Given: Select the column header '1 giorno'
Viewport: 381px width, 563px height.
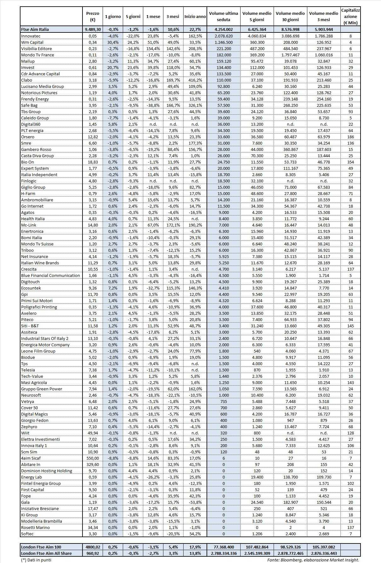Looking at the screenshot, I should click(x=113, y=17).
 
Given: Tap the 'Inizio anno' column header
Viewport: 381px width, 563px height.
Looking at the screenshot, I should click(x=195, y=17).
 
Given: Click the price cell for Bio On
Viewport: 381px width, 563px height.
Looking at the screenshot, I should click(x=93, y=162).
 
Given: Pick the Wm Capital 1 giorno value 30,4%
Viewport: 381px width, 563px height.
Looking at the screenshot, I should click(x=113, y=42).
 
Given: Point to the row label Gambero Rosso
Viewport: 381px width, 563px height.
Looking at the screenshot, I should click(x=36, y=149).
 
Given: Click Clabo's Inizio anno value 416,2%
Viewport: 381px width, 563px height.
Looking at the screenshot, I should click(x=195, y=80).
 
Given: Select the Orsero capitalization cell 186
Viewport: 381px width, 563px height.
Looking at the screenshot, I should click(x=350, y=137).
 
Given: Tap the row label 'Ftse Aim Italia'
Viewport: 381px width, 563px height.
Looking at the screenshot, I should click(x=35, y=29).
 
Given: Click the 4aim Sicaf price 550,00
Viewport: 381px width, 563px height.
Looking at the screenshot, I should click(x=93, y=458).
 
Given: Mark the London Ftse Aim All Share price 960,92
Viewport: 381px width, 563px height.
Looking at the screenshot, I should click(x=93, y=553).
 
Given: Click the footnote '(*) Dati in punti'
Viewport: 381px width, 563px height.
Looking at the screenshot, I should click(x=36, y=560).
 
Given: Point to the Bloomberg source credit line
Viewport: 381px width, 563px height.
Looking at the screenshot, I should click(x=313, y=560).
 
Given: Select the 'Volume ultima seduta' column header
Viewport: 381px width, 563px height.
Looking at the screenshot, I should click(x=224, y=17).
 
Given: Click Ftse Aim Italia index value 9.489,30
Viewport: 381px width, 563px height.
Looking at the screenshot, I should click(x=93, y=29).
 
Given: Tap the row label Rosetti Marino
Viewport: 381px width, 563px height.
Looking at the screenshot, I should click(x=35, y=527).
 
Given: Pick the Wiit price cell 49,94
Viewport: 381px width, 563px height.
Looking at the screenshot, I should click(x=93, y=433).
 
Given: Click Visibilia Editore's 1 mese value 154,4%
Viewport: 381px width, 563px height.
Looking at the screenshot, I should click(x=153, y=49).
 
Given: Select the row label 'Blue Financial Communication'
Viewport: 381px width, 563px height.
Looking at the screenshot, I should click(x=50, y=275).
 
